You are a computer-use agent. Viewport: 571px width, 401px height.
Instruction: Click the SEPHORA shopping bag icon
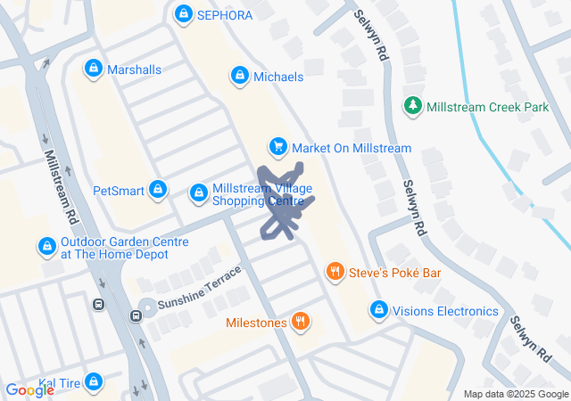[x=184, y=14]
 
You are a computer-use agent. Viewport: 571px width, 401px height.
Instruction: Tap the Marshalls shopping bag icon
[x=93, y=69]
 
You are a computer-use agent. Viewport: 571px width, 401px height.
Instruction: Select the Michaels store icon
[x=239, y=77]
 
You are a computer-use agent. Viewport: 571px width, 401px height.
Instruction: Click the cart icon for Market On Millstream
[x=278, y=147]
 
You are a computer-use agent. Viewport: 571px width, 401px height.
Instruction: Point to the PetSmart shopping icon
[x=158, y=190]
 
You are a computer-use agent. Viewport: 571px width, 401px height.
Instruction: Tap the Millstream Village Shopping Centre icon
[x=199, y=192]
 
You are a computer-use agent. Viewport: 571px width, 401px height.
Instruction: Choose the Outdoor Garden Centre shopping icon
[x=46, y=246]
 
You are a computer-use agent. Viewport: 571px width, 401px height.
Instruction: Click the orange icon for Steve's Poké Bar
[x=335, y=271]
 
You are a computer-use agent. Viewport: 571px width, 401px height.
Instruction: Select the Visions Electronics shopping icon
[x=378, y=311]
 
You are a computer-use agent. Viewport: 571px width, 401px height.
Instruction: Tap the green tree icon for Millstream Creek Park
[x=412, y=106]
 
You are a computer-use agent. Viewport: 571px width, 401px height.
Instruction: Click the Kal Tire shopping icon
[x=93, y=383]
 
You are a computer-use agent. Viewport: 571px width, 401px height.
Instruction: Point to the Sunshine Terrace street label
[x=200, y=288]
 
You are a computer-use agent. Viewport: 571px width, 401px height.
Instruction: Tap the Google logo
[x=29, y=389]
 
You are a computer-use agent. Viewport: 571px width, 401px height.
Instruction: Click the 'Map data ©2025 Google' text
[x=516, y=394]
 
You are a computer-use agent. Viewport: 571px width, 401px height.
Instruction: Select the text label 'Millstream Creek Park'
[x=488, y=107]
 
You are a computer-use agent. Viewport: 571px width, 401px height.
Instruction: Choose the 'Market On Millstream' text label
[x=352, y=148]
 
